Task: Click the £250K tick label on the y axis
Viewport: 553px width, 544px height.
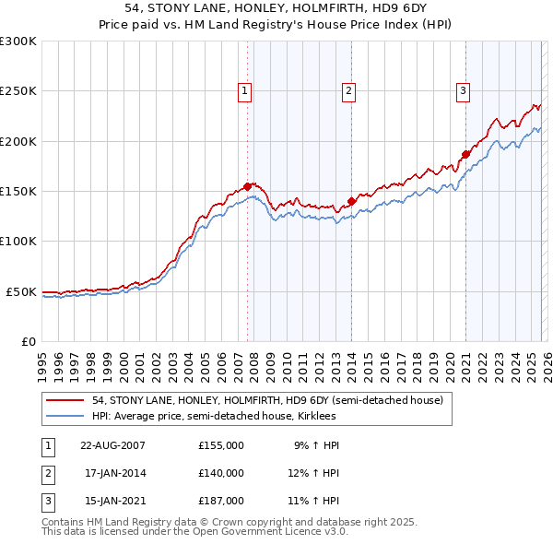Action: coord(18,91)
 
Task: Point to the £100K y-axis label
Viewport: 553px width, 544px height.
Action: coord(18,241)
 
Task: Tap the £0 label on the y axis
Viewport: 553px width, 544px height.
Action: coord(27,341)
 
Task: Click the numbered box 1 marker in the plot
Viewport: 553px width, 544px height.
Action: coord(245,90)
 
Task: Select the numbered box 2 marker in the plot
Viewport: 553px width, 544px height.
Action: coord(349,90)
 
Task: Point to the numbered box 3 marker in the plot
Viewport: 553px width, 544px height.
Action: coord(463,90)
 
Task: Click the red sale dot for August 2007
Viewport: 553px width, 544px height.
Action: coord(248,186)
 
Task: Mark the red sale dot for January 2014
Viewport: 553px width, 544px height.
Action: coord(351,201)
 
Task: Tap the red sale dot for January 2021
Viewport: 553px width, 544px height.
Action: coord(465,154)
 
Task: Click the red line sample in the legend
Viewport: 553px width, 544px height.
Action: coord(66,400)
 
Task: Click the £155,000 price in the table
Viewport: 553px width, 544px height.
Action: coord(221,444)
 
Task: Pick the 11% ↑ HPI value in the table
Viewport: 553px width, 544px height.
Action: coord(313,502)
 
